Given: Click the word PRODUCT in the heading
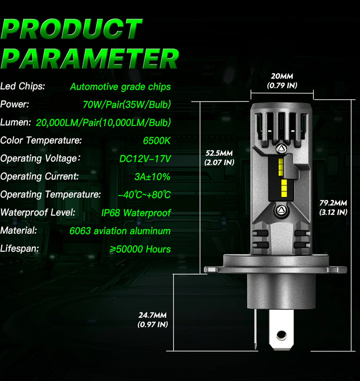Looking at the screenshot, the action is (72, 29).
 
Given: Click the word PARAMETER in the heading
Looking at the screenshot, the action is (90, 58).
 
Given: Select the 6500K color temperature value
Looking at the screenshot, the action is (156, 141).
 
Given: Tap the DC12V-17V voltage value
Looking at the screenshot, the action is (145, 159).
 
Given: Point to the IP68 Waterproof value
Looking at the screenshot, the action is (136, 213).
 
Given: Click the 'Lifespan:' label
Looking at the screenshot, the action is (20, 248).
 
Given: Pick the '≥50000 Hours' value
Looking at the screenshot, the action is (140, 249).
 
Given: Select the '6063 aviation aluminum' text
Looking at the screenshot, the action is (120, 231).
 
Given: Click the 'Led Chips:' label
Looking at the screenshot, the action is (23, 86).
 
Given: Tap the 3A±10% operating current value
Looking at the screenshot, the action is (152, 177).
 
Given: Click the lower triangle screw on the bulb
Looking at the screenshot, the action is (281, 210).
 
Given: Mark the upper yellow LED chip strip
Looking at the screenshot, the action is (281, 167).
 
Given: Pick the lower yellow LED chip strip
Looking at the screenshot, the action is (284, 188).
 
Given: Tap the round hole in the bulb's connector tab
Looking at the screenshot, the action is (281, 336).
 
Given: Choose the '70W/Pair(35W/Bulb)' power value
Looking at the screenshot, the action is (127, 104).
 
